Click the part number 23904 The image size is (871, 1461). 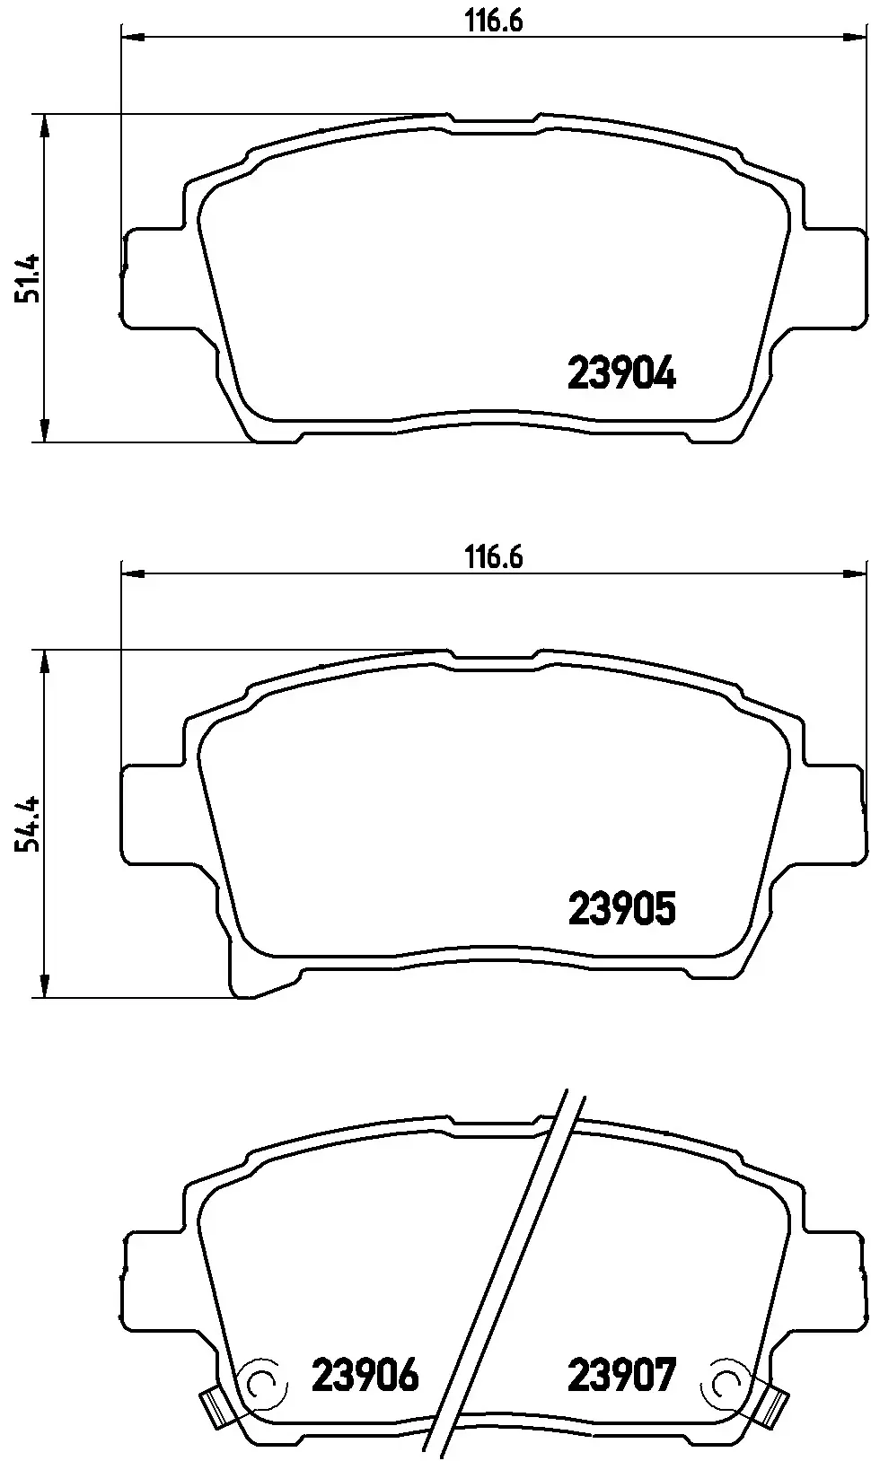621,373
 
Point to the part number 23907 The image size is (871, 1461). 621,1374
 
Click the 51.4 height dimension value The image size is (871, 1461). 28,278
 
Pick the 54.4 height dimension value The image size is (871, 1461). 28,824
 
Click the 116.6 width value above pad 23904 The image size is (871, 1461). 494,22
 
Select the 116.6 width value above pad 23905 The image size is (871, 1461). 494,557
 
